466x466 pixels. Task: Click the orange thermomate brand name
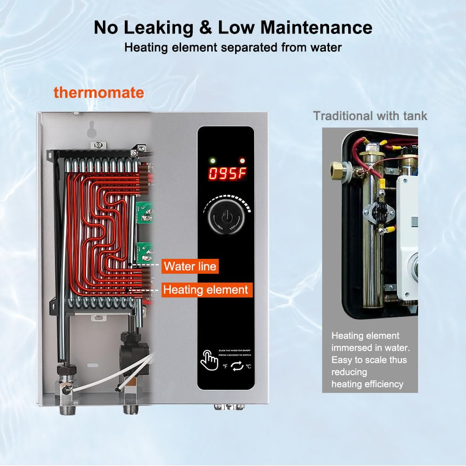(x=99, y=92)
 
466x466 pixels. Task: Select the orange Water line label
(x=190, y=266)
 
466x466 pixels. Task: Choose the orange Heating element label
(x=206, y=290)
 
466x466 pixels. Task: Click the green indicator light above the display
(x=213, y=161)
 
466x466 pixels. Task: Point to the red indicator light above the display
(x=241, y=161)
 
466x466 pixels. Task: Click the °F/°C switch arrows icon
(x=237, y=366)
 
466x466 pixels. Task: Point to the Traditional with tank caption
(x=370, y=115)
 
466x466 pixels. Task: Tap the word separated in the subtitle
(x=236, y=47)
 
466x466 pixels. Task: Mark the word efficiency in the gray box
(x=380, y=384)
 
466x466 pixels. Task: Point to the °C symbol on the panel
(x=249, y=366)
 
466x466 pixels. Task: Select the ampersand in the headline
(x=206, y=27)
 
